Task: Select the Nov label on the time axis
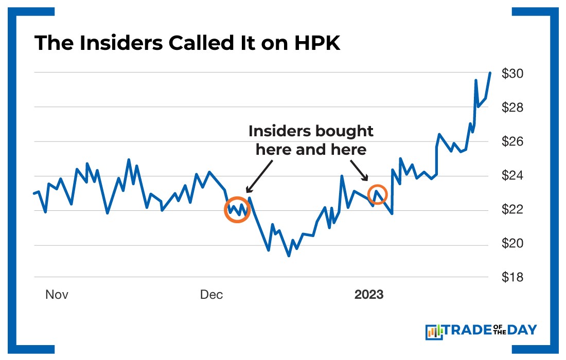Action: [x=57, y=295]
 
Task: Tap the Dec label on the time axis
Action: [x=211, y=295]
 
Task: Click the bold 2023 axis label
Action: [x=368, y=295]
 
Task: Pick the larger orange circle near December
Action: [x=237, y=209]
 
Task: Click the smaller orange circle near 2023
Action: [x=378, y=194]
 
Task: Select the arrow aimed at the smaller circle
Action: [x=359, y=170]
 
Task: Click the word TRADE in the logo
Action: [x=471, y=330]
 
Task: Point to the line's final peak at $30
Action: [x=490, y=73]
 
